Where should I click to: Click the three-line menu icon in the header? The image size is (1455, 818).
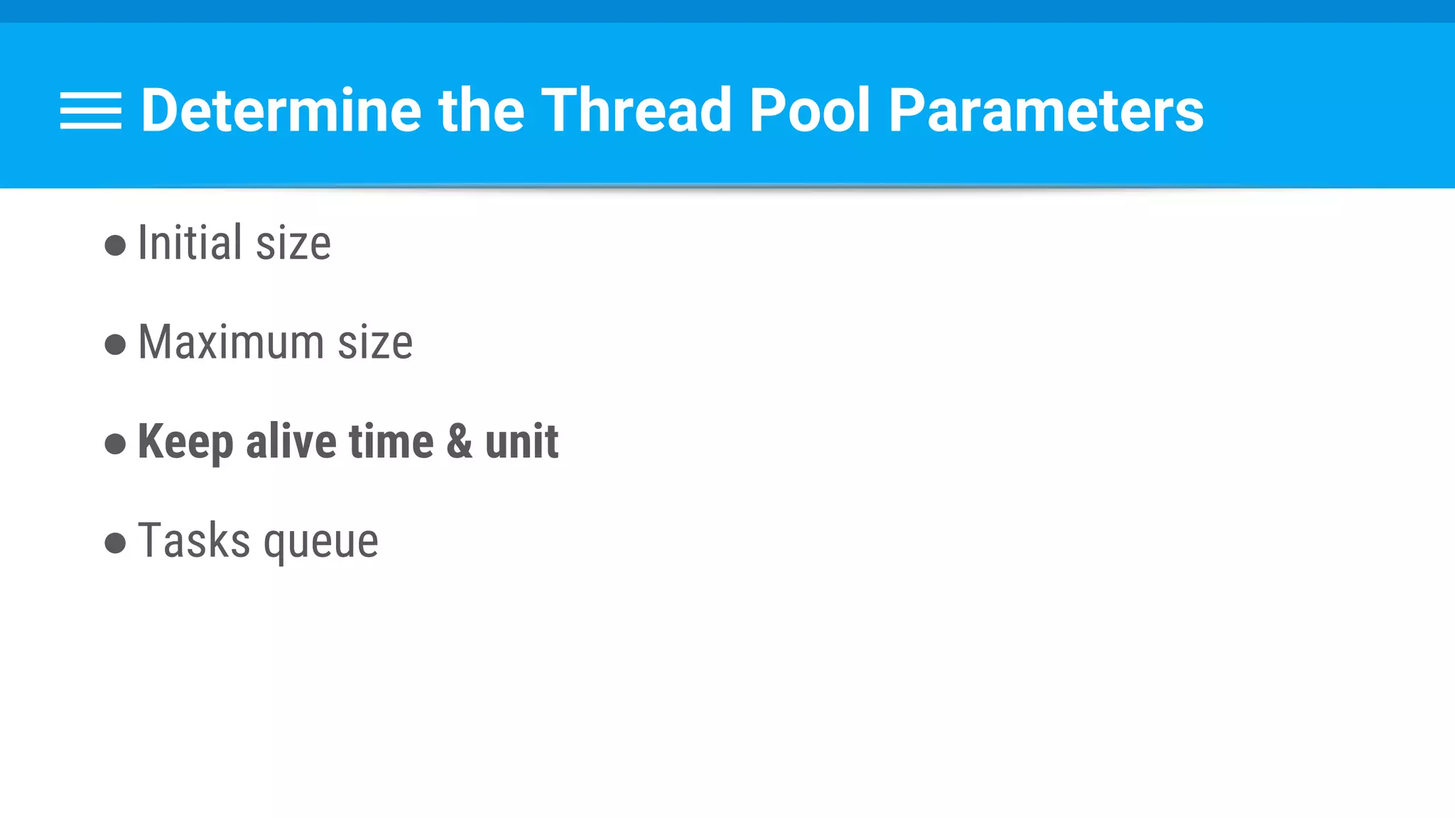91,111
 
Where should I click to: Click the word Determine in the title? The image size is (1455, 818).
281,111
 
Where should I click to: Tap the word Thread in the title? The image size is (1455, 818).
636,111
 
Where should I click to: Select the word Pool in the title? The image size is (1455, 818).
809,111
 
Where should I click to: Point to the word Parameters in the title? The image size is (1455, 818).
1046,111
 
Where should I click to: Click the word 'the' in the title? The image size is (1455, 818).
481,111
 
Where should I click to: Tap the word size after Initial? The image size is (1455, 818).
293,244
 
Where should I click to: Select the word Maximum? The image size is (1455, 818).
231,342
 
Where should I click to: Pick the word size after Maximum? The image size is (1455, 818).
375,344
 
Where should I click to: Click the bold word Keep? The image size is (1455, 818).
185,442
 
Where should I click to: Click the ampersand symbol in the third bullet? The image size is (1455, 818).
459,441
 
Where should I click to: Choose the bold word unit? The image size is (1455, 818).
521,441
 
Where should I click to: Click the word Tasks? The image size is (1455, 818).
194,540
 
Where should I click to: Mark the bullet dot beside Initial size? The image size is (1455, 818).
115,246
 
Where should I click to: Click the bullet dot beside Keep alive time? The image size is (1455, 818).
115,445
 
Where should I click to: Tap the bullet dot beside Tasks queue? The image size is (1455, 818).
115,544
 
